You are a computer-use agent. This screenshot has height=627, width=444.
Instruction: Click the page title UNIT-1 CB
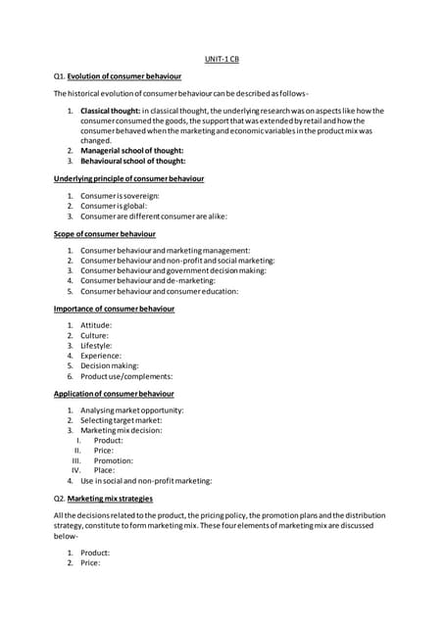[222, 59]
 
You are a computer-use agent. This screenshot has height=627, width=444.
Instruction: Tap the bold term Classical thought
[109, 111]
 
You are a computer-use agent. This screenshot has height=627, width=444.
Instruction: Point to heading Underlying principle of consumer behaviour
[128, 179]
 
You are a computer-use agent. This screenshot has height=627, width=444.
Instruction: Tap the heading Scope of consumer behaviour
[104, 234]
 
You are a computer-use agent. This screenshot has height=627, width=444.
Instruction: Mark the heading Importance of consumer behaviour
[114, 309]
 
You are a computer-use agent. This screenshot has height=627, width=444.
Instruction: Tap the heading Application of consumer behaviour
[114, 393]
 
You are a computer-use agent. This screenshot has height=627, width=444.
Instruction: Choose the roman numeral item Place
[104, 470]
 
